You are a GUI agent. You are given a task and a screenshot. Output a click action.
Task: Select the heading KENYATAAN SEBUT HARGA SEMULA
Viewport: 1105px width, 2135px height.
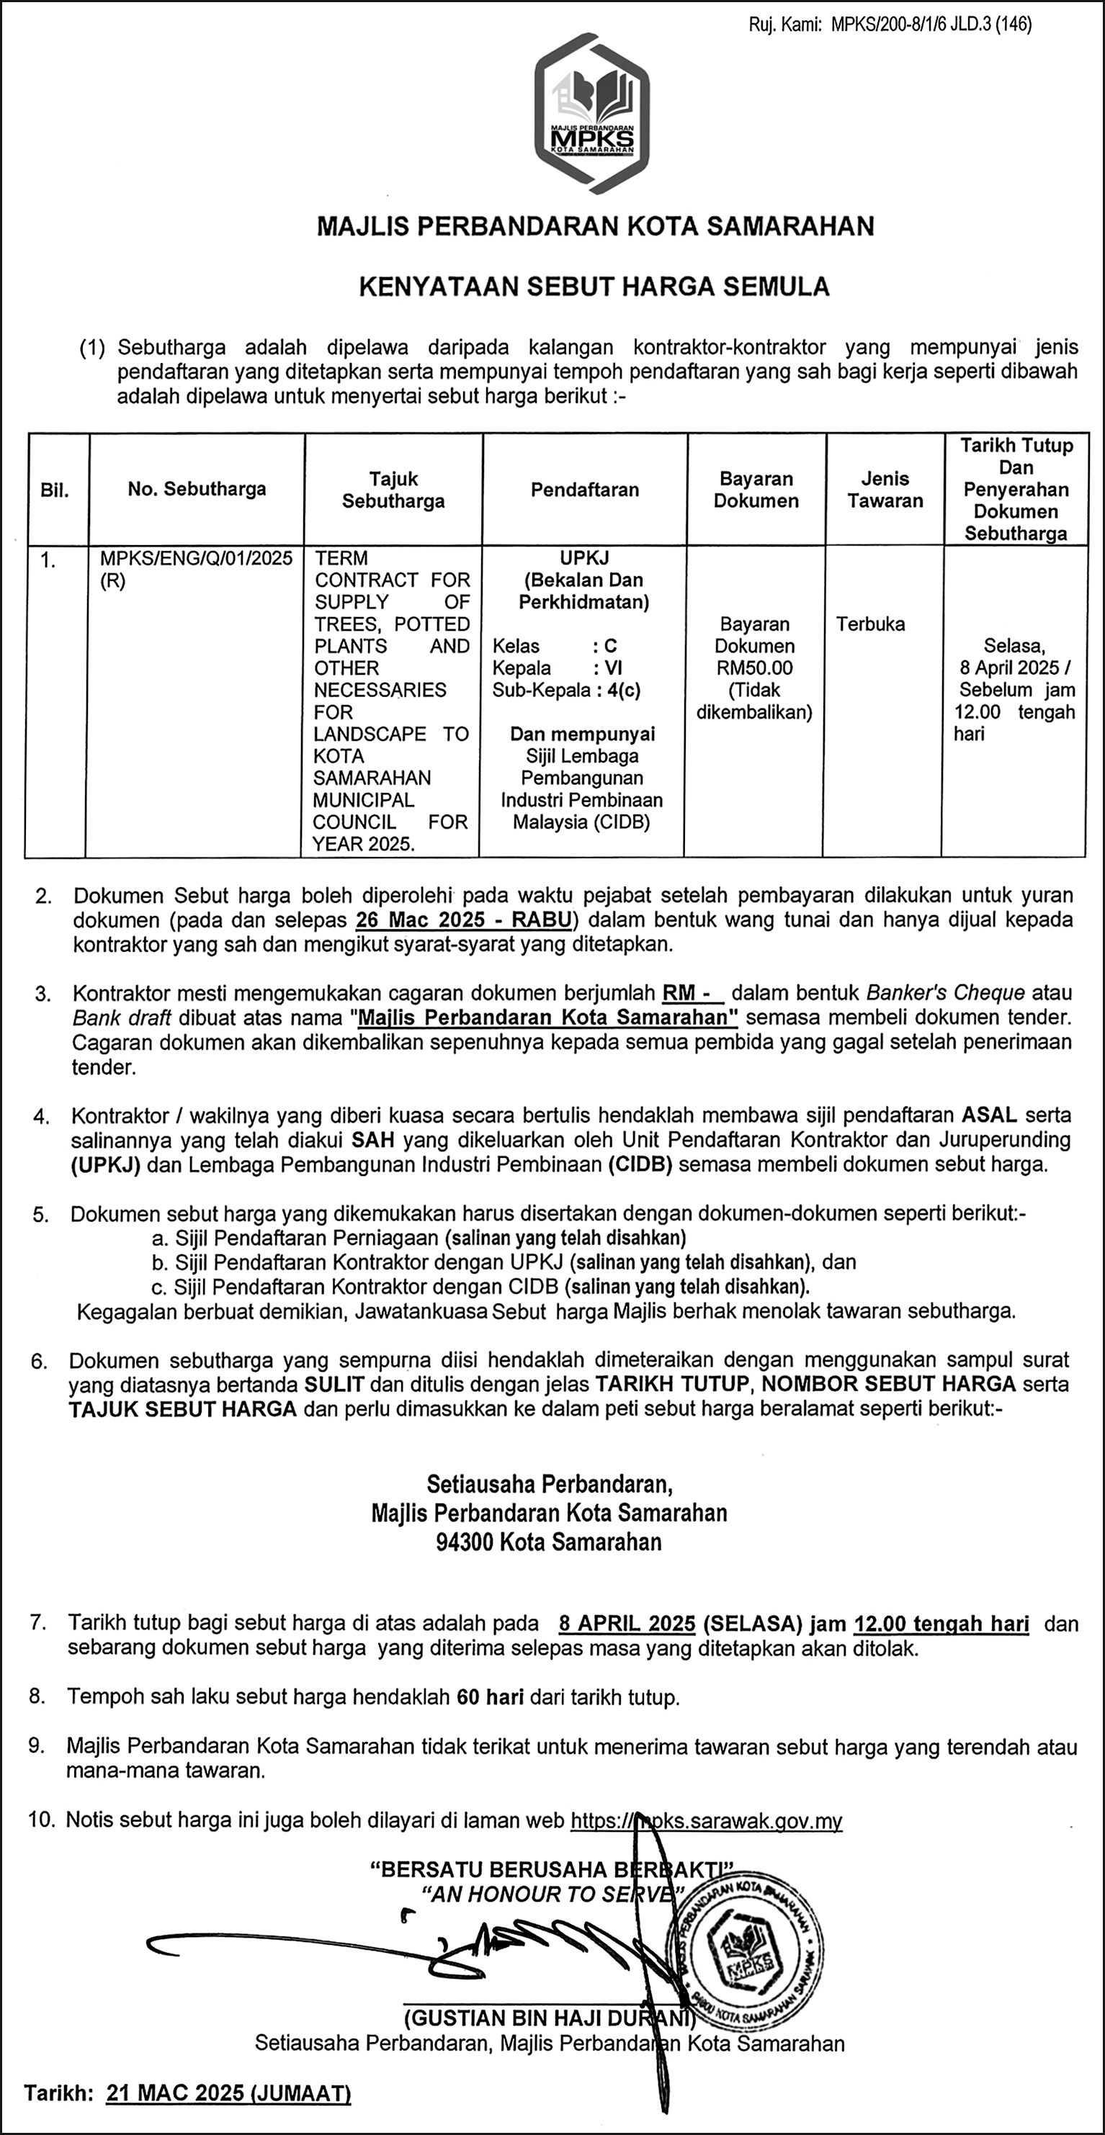[594, 287]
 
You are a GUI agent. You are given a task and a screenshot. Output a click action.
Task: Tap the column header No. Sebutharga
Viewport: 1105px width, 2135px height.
[197, 489]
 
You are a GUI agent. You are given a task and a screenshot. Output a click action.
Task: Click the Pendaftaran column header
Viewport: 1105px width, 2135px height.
[584, 490]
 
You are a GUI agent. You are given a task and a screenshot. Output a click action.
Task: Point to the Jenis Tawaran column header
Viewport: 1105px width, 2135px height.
[885, 490]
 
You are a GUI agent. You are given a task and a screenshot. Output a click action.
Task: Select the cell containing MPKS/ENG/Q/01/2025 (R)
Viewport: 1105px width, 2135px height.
[196, 570]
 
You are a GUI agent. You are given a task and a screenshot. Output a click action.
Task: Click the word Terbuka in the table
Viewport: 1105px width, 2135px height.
[870, 624]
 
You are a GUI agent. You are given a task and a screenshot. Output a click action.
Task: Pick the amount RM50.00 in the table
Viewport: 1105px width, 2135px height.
[754, 668]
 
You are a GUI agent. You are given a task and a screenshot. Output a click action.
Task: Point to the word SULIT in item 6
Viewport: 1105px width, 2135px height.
[334, 1384]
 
